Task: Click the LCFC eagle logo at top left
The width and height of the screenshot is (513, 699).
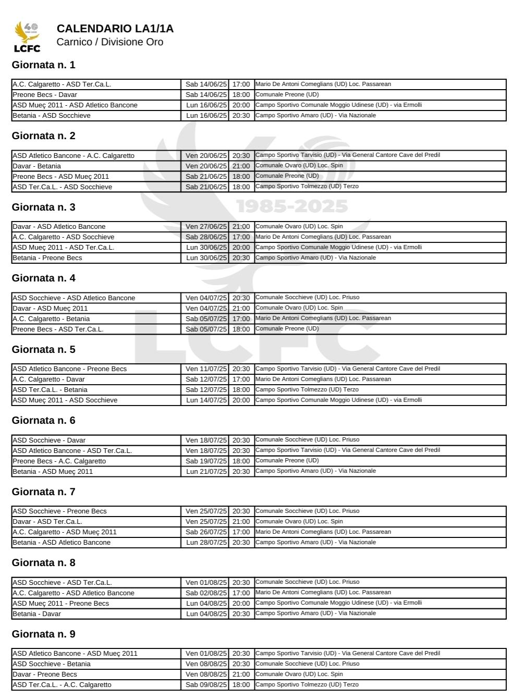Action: click(x=27, y=36)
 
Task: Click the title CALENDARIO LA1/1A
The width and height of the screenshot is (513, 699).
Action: click(x=115, y=29)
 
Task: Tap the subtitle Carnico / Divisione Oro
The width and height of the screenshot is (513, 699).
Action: click(x=109, y=42)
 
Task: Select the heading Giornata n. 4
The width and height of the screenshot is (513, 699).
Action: click(x=43, y=278)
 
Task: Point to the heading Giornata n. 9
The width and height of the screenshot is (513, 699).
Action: click(x=43, y=634)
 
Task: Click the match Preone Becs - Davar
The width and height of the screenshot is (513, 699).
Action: click(x=45, y=95)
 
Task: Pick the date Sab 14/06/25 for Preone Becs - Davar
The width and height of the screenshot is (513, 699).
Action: click(x=206, y=95)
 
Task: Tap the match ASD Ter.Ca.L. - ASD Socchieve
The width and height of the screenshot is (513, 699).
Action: click(x=62, y=187)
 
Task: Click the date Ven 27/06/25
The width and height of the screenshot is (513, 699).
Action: click(x=206, y=227)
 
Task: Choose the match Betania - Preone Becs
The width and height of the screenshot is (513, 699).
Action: click(x=47, y=258)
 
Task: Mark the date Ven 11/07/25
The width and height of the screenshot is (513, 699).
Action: click(x=206, y=369)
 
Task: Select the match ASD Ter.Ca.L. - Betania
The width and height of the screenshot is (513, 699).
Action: click(x=50, y=390)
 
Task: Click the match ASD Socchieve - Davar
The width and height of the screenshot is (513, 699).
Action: click(x=49, y=440)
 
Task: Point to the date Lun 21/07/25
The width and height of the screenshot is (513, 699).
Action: click(x=206, y=472)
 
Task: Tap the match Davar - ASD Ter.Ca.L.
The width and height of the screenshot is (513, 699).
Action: click(x=47, y=522)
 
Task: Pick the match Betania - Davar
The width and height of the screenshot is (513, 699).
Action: click(x=37, y=614)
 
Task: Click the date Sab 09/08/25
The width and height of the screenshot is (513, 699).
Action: click(x=206, y=685)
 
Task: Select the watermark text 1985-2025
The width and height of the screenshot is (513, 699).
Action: click(x=292, y=207)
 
